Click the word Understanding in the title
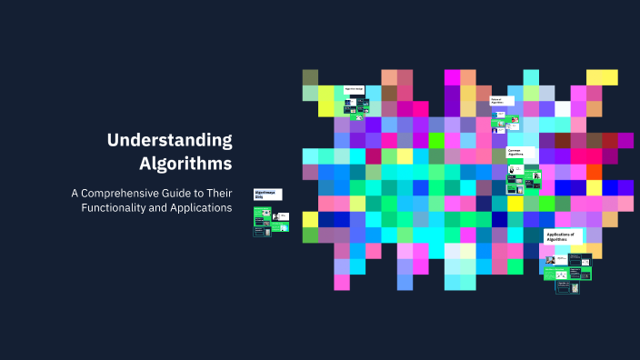[x=170, y=140]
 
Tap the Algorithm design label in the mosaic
[x=355, y=89]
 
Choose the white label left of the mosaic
[x=267, y=195]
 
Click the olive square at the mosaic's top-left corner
[x=310, y=77]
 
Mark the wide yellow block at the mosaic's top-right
[x=602, y=77]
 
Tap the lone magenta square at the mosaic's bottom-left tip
[x=342, y=282]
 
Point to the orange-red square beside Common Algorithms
[x=594, y=172]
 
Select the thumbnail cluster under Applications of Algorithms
[x=567, y=272]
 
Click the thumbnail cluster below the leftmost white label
[x=270, y=221]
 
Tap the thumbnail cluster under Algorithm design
[x=355, y=107]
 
